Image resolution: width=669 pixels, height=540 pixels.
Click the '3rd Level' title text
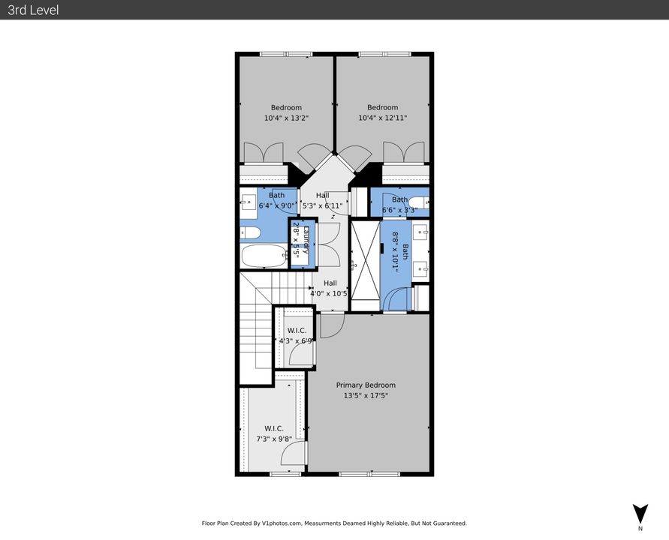33,10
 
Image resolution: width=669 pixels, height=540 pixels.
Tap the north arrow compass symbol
639,514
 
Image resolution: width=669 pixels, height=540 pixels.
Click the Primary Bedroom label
366,385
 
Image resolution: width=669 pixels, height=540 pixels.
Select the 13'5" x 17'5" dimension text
366,395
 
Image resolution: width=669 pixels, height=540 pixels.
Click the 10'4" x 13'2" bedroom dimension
286,118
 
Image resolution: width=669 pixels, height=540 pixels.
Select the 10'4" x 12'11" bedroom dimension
382,118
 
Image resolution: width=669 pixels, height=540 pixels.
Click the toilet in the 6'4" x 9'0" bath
250,232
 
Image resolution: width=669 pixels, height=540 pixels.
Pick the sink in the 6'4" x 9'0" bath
247,201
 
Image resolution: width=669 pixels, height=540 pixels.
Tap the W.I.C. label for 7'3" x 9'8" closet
273,428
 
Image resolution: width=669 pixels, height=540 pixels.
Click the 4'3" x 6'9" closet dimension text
295,340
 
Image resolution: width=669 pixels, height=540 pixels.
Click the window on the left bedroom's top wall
285,54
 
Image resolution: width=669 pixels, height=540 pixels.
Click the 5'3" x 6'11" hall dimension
321,205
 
